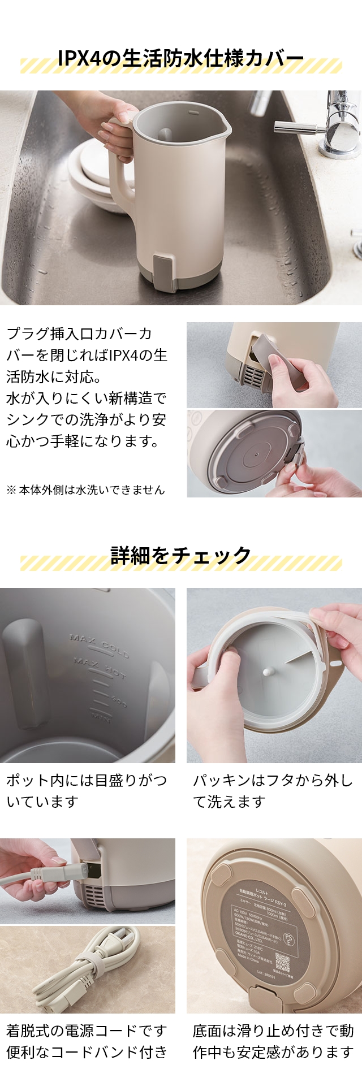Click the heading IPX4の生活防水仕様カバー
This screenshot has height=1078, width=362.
point(181,58)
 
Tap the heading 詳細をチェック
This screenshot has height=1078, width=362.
point(181,555)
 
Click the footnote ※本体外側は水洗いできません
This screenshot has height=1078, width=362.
point(85,490)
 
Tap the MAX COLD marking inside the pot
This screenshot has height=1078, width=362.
point(100,646)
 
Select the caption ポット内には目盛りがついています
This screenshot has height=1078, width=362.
point(86,791)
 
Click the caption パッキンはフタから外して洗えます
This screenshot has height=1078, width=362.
point(273,791)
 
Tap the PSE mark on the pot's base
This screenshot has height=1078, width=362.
point(288,940)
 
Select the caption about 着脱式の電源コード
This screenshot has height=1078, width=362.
point(86,1041)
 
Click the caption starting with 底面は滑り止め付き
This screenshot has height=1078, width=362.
point(273,1041)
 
